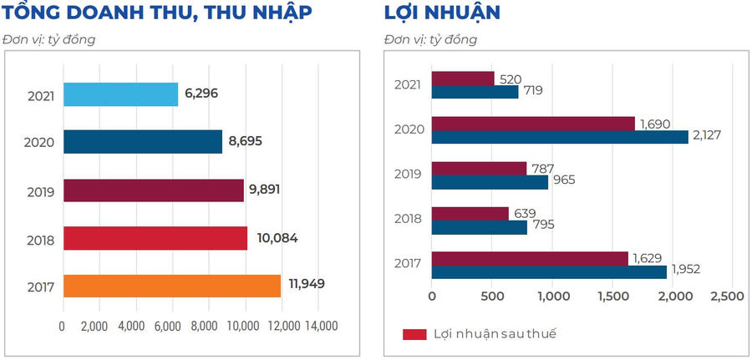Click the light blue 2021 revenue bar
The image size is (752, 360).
(x=120, y=94)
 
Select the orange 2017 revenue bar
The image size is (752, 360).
(x=171, y=286)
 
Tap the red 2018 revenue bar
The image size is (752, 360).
(x=155, y=238)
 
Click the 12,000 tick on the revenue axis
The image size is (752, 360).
(x=284, y=326)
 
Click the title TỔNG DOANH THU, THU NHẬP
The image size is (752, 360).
(x=158, y=13)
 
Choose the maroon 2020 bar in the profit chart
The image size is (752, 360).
(x=533, y=124)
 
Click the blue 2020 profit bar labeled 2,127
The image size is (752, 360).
(x=560, y=137)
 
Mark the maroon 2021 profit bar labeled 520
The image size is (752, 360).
(x=463, y=79)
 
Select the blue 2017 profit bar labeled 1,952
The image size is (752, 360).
(x=549, y=271)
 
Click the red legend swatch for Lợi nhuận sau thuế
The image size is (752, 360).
(x=414, y=334)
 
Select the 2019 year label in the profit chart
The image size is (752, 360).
(x=409, y=175)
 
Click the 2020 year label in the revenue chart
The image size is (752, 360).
(x=41, y=143)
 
